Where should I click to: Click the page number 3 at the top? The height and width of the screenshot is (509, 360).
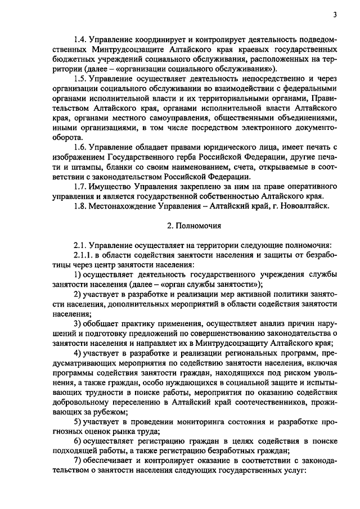click(x=334, y=15)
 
